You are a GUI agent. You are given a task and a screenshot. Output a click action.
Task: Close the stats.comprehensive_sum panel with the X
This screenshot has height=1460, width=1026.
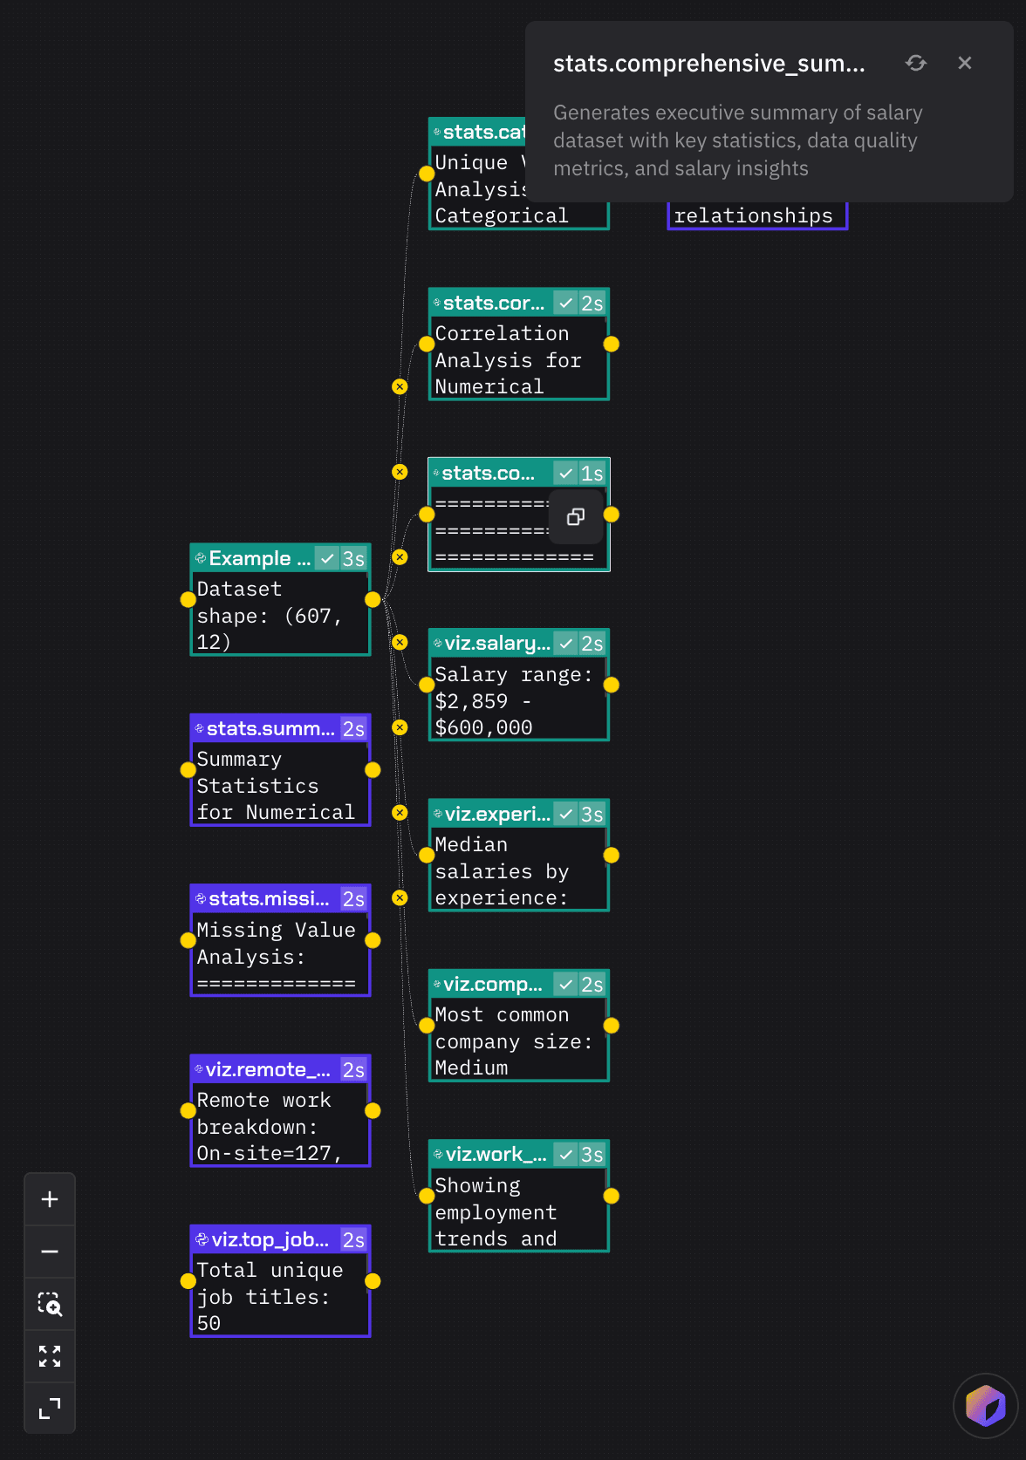[964, 63]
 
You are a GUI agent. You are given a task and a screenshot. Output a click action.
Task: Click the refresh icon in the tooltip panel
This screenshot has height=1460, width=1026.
[915, 63]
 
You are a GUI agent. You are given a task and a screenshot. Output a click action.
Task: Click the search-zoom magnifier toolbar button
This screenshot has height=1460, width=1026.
[50, 1304]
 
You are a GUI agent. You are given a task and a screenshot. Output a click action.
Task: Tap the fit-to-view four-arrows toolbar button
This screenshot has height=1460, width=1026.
[50, 1356]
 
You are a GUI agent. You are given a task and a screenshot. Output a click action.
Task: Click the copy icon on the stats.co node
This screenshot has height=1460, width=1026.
[576, 517]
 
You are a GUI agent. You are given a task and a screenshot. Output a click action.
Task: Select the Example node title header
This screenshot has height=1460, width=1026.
[259, 558]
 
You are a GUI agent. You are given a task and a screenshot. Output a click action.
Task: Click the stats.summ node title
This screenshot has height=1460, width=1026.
[270, 729]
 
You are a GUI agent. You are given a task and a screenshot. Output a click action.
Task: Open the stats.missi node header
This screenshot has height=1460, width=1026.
[268, 899]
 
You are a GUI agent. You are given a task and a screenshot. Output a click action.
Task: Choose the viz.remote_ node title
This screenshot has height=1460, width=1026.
[267, 1069]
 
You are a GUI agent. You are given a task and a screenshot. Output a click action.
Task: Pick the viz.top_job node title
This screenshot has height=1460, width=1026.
[270, 1239]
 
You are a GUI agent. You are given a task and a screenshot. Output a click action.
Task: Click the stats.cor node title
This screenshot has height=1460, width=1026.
[493, 304]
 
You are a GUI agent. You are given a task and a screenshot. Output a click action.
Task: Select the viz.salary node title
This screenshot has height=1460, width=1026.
[496, 644]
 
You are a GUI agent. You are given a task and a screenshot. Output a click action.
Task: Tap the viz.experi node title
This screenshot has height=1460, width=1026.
[496, 814]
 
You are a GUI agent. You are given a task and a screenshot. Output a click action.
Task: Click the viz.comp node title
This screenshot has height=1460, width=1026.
[492, 985]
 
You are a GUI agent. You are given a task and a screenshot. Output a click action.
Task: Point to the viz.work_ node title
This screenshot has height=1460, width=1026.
[496, 1155]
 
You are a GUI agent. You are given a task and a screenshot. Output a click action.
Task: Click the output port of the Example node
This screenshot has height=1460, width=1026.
[373, 600]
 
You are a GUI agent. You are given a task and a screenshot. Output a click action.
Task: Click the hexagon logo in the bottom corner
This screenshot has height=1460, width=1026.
[985, 1405]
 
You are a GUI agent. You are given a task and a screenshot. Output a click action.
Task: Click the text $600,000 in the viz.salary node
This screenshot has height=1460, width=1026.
[483, 727]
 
